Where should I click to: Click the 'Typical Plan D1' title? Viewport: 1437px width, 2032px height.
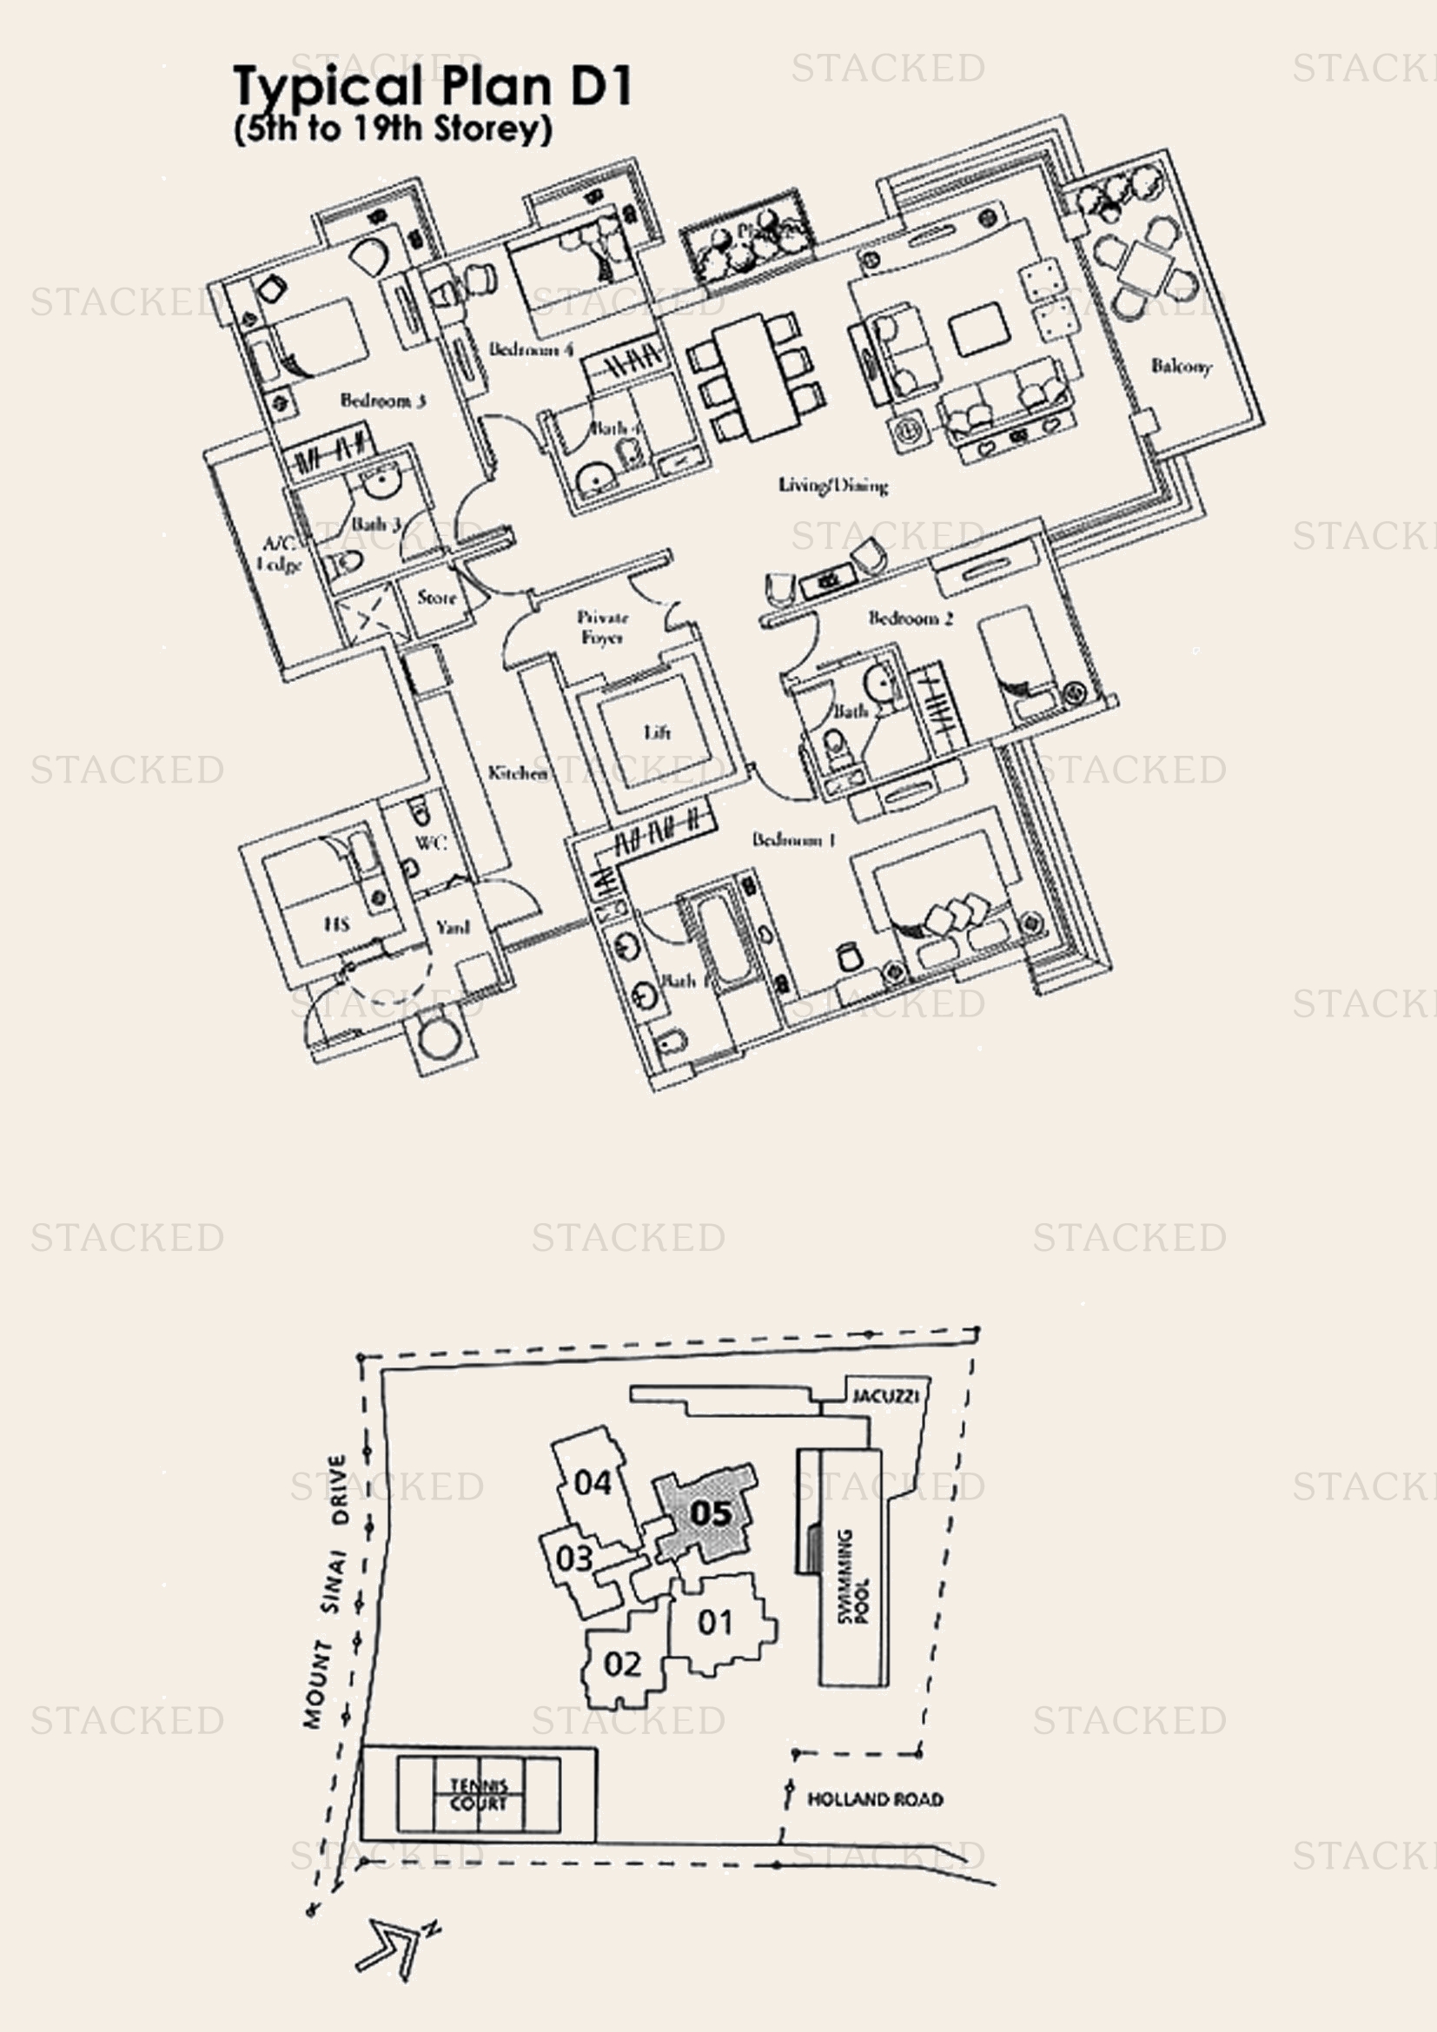click(x=433, y=87)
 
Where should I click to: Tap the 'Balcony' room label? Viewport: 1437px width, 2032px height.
click(x=1181, y=366)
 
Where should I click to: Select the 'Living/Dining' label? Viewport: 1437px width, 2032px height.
click(x=832, y=485)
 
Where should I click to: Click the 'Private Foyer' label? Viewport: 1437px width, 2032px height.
click(x=603, y=626)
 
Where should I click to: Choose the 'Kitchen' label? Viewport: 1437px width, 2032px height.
click(x=518, y=772)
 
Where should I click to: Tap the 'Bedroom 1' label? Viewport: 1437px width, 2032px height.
click(x=794, y=839)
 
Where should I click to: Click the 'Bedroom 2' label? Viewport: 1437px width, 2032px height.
click(x=910, y=618)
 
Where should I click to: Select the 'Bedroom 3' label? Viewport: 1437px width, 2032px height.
click(x=383, y=400)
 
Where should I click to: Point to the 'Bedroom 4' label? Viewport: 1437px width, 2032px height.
click(x=531, y=348)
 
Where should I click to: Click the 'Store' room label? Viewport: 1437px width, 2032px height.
click(x=436, y=598)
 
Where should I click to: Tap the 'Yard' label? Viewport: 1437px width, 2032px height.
click(x=452, y=927)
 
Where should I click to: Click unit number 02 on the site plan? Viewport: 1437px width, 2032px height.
click(x=622, y=1664)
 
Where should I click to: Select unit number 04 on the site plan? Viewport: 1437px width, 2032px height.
click(x=592, y=1481)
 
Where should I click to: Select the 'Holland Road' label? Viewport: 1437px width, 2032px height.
click(x=874, y=1798)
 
